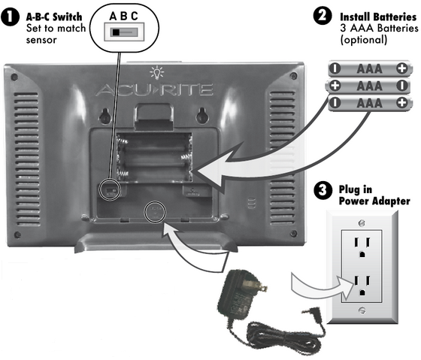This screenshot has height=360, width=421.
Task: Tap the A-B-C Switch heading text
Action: [54, 16]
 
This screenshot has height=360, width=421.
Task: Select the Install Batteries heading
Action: [376, 16]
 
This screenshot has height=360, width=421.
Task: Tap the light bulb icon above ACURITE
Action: [156, 72]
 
